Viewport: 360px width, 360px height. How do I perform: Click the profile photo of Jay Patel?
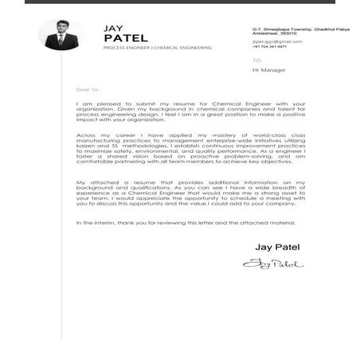pyautogui.click(x=61, y=35)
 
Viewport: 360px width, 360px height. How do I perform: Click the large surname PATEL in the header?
pyautogui.click(x=126, y=37)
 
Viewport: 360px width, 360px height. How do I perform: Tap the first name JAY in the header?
pyautogui.click(x=113, y=28)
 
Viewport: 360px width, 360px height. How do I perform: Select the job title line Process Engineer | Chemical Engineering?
pyautogui.click(x=157, y=48)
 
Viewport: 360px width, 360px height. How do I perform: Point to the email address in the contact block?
pyautogui.click(x=272, y=41)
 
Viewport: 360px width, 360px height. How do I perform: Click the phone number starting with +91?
pyautogui.click(x=269, y=46)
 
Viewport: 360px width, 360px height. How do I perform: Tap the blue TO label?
pyautogui.click(x=256, y=60)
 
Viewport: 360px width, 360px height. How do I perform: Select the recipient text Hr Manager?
pyautogui.click(x=268, y=70)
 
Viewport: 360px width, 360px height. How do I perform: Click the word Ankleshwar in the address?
pyautogui.click(x=267, y=33)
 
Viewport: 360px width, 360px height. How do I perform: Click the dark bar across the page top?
pyautogui.click(x=180, y=2)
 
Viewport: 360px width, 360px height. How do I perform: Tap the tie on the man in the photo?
pyautogui.click(x=61, y=41)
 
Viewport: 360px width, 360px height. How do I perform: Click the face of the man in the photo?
pyautogui.click(x=61, y=30)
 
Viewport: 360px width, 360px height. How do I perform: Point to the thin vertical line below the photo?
pyautogui.click(x=64, y=199)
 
